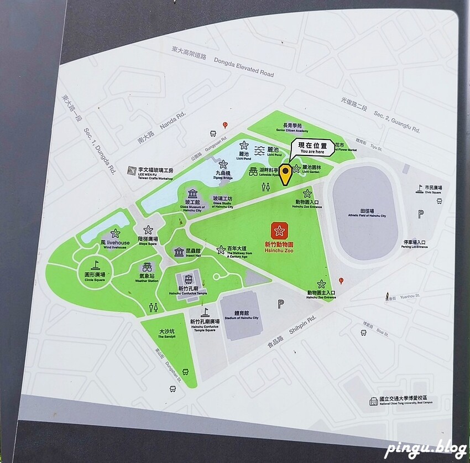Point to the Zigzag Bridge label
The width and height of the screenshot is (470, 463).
(223, 175)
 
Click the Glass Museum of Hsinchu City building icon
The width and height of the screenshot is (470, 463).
(192, 194)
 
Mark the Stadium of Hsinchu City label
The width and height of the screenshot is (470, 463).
(239, 315)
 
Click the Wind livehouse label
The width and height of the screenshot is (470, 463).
(115, 244)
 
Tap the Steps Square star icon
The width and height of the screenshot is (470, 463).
(148, 230)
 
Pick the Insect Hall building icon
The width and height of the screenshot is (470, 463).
(179, 252)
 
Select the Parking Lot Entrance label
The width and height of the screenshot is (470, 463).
(415, 243)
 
